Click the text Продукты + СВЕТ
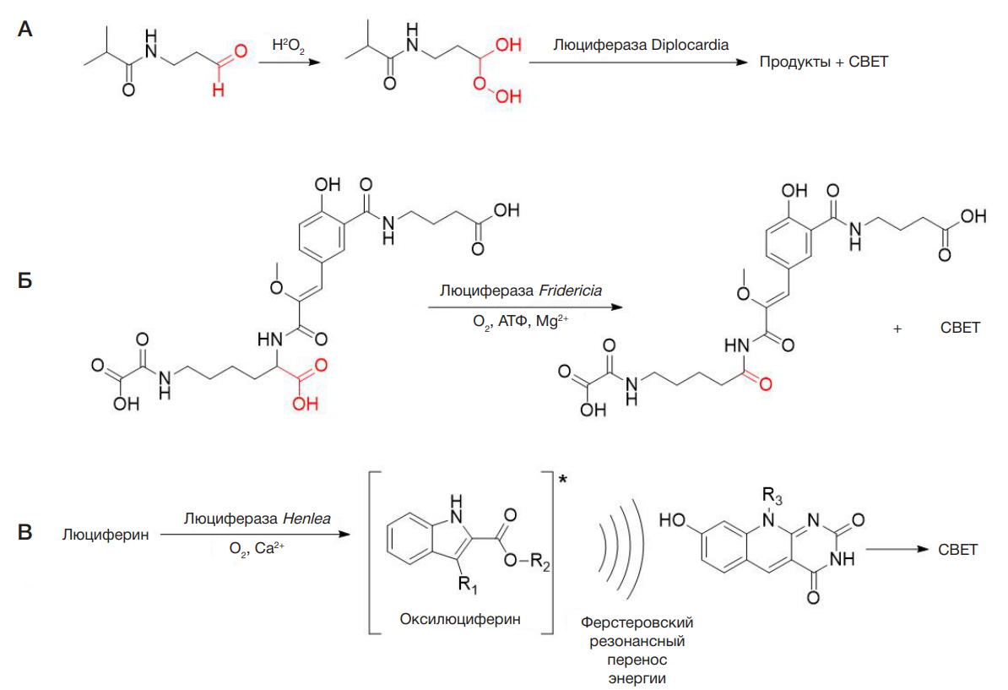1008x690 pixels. coord(823,62)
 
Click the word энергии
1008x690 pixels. coord(637,676)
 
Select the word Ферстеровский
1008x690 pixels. coord(637,623)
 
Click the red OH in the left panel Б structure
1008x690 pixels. coord(302,405)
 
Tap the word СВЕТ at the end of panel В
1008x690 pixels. coord(957,550)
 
